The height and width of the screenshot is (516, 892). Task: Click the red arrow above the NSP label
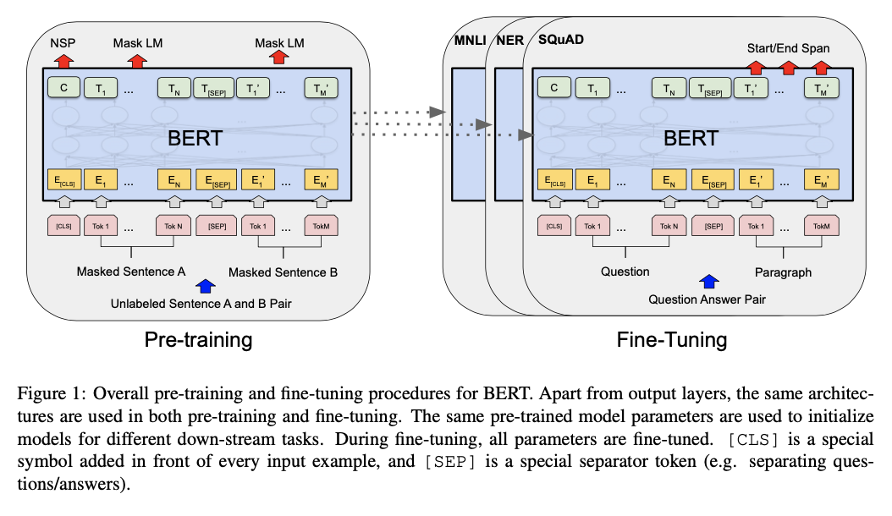click(x=64, y=60)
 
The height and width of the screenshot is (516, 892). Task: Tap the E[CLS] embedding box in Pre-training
click(x=64, y=180)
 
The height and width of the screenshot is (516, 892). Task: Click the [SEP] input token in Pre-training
click(x=217, y=226)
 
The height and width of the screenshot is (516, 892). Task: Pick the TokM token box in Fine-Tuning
click(x=821, y=226)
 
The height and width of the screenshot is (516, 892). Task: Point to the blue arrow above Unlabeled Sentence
click(x=204, y=288)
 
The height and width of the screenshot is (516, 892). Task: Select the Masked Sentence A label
click(x=130, y=272)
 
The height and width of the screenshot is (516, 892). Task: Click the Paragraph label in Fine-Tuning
click(x=783, y=272)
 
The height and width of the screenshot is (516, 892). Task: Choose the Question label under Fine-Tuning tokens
click(x=625, y=272)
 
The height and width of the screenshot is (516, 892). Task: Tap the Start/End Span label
click(x=788, y=48)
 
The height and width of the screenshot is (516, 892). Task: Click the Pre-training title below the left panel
click(x=199, y=340)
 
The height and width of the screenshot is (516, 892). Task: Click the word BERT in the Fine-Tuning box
click(x=691, y=138)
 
